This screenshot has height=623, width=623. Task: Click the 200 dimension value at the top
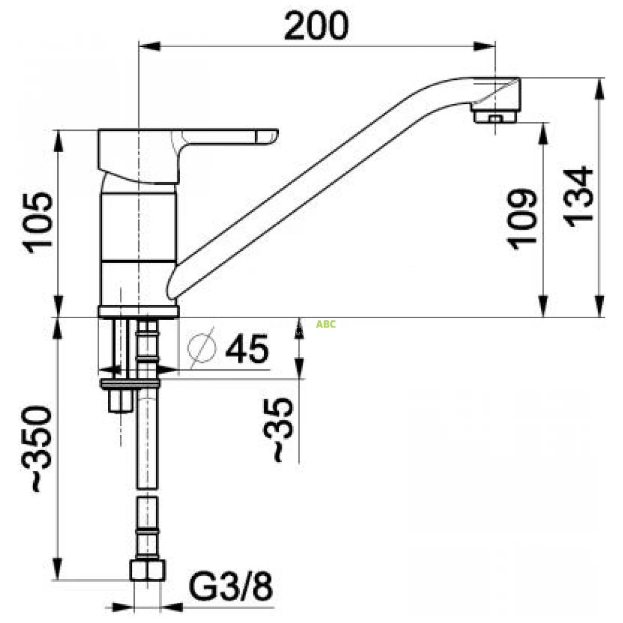[316, 26]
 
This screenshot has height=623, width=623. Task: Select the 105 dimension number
[37, 223]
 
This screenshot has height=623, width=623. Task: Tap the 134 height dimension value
[578, 197]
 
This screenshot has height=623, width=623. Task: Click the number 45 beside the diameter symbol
[247, 349]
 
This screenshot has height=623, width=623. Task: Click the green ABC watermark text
[326, 324]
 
